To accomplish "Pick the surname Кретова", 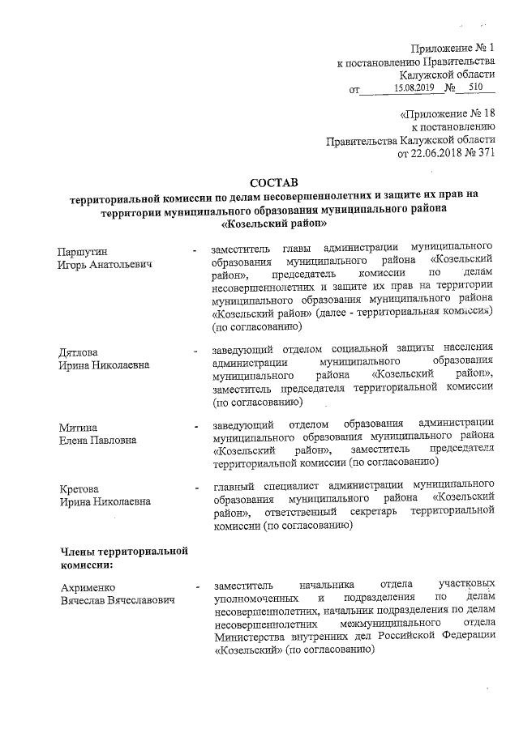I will point(79,488).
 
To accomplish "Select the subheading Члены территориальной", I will point(124,552).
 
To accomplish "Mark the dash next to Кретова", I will point(195,488).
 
